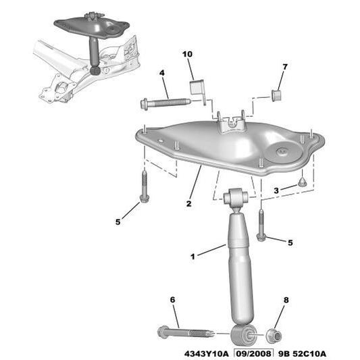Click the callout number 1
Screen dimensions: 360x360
pyautogui.click(x=192, y=257)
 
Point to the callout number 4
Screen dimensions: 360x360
pyautogui.click(x=162, y=73)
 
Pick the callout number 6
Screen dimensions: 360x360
pyautogui.click(x=172, y=300)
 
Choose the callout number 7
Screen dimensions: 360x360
pyautogui.click(x=284, y=66)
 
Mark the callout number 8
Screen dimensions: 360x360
pyautogui.click(x=286, y=300)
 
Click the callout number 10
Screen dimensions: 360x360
pyautogui.click(x=187, y=53)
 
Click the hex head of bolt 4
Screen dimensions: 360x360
pyautogui.click(x=145, y=104)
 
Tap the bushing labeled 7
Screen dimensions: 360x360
pyautogui.click(x=276, y=94)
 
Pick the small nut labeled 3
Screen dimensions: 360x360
pyautogui.click(x=303, y=182)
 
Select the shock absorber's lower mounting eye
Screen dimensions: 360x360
pyautogui.click(x=243, y=334)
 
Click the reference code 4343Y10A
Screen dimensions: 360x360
pyautogui.click(x=207, y=353)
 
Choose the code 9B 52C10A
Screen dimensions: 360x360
pyautogui.click(x=302, y=353)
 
